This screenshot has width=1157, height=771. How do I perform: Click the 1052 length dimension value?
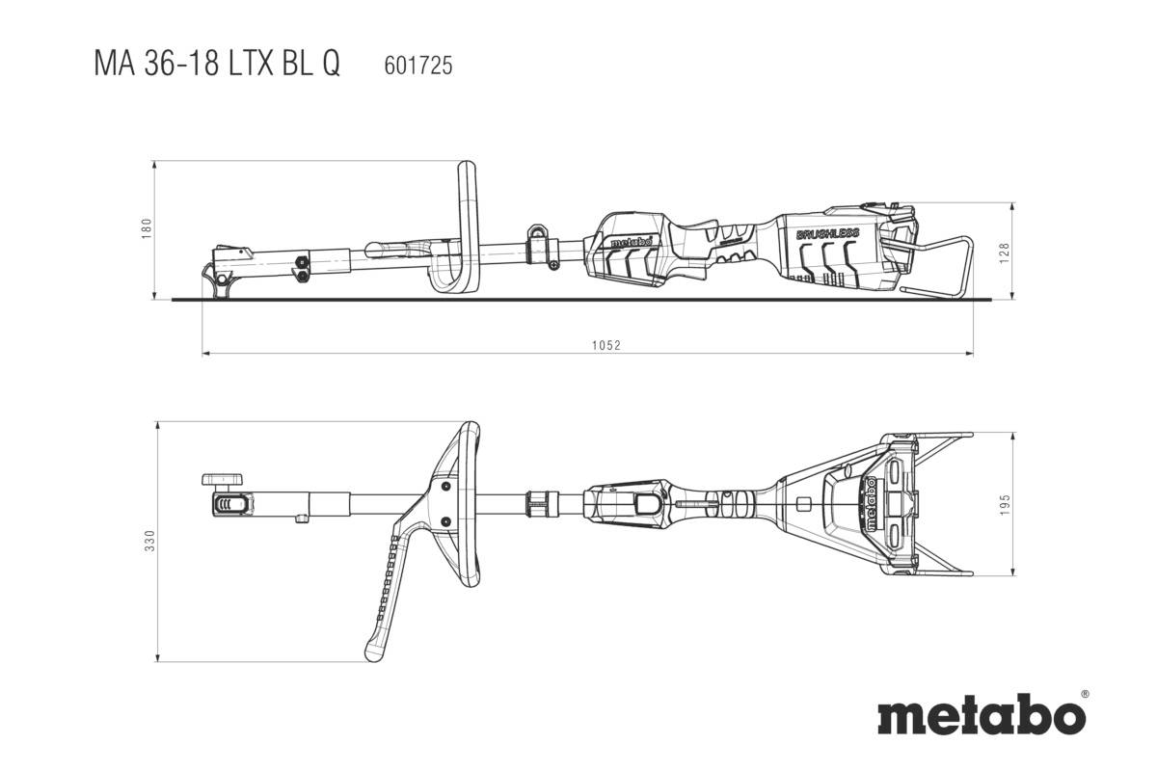click(605, 344)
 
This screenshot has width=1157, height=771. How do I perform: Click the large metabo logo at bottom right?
click(981, 717)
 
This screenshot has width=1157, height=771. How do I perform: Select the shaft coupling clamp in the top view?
click(542, 502)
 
